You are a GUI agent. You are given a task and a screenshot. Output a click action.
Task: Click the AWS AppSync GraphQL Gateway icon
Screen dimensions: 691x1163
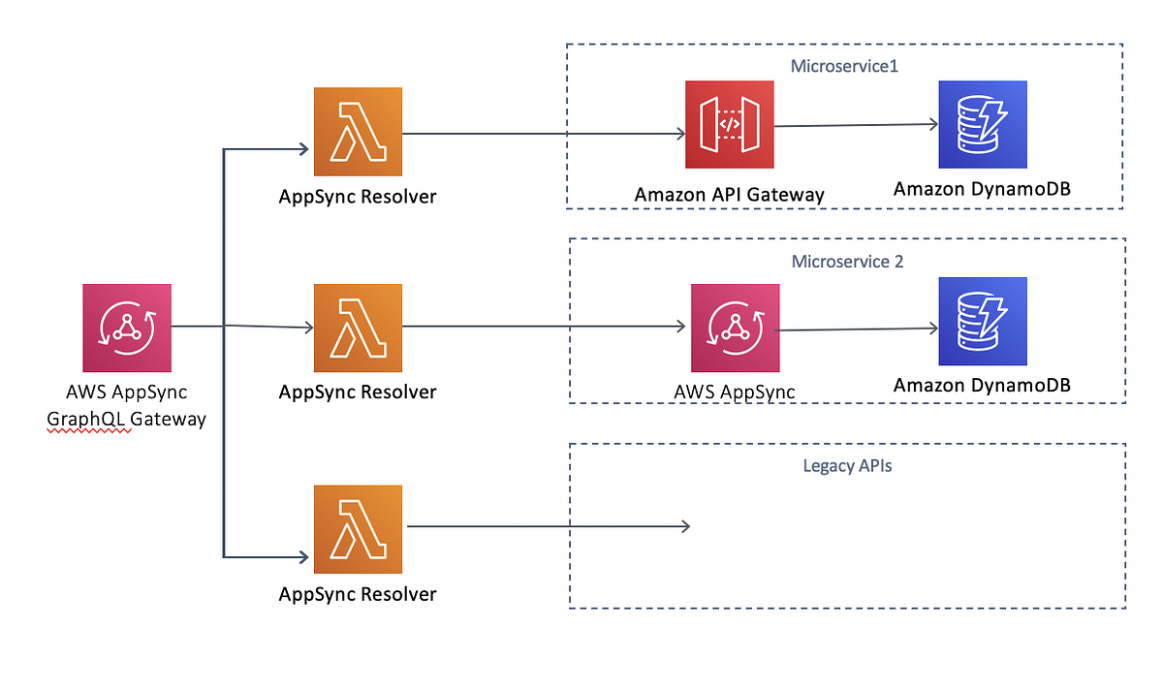(x=127, y=328)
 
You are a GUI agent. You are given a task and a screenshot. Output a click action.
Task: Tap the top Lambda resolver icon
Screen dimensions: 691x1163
(x=357, y=132)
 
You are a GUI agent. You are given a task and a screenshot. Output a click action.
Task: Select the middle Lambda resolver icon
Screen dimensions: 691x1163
(x=357, y=328)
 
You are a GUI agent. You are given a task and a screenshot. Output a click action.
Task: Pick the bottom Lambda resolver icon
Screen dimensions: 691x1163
(x=357, y=529)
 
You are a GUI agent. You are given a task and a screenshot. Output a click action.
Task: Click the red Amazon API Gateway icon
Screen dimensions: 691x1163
(x=729, y=125)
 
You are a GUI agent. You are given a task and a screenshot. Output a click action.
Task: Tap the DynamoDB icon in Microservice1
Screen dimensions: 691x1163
(x=982, y=125)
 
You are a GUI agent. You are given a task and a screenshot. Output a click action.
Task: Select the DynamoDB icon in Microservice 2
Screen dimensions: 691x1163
(x=982, y=322)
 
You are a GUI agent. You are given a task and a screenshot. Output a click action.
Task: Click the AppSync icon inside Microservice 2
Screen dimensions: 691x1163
(x=734, y=328)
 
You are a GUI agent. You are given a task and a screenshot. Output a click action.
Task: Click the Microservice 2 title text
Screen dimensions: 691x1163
(x=847, y=262)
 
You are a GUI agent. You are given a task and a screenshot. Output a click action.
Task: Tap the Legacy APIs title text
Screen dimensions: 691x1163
(x=847, y=466)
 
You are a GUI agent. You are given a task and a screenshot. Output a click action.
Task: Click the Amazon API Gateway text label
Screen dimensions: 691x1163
(x=729, y=195)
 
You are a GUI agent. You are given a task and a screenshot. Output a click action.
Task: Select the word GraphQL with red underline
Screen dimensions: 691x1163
(x=88, y=420)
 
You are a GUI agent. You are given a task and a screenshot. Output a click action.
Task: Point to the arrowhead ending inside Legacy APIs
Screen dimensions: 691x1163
(x=684, y=526)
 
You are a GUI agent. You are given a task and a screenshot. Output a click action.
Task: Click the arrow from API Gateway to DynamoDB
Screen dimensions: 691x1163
(x=853, y=125)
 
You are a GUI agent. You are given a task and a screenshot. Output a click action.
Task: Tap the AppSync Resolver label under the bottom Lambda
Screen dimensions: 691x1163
(x=357, y=594)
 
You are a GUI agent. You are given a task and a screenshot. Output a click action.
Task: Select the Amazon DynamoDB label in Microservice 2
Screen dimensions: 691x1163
(x=982, y=386)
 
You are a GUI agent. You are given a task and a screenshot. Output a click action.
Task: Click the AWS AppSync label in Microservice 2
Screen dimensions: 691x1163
(x=734, y=392)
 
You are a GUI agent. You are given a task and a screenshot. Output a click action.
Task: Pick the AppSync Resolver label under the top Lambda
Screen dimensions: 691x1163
(x=357, y=197)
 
